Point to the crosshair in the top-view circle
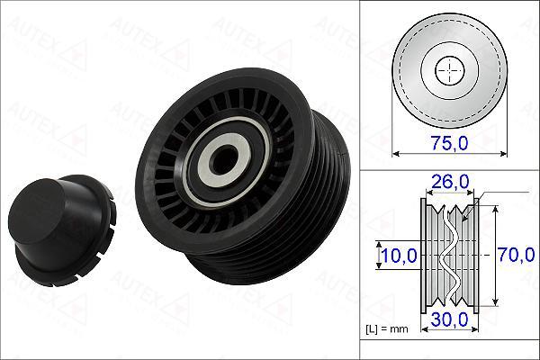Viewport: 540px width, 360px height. pos(448,69)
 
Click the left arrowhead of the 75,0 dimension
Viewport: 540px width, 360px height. pos(396,153)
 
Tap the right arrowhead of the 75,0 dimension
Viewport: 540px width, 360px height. pos(502,153)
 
